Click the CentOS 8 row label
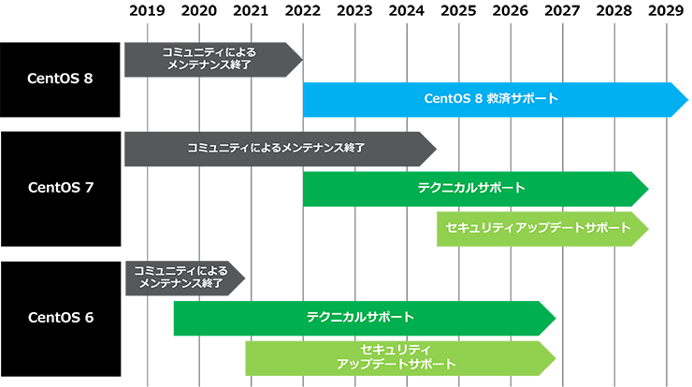coord(60,78)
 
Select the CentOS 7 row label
coord(60,187)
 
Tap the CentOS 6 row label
coord(60,317)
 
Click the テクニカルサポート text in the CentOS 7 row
coord(471,187)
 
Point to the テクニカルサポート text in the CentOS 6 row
coord(360,318)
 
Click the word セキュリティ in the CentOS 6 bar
coord(396,349)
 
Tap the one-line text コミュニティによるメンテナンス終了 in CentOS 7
coord(275,148)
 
